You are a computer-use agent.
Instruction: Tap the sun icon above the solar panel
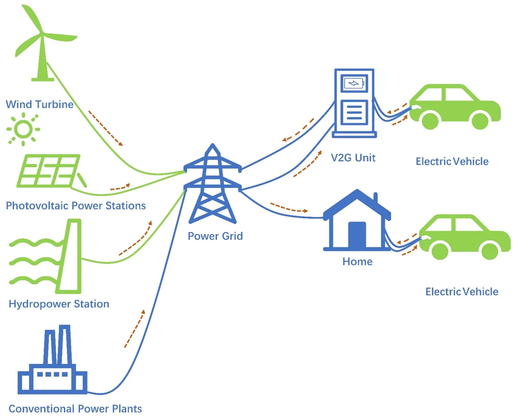pos(23,129)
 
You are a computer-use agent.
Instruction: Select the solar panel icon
pos(48,171)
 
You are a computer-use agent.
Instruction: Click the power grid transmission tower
pos(212,185)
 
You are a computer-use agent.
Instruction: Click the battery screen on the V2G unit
pos(354,83)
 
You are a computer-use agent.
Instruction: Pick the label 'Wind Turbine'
pos(39,104)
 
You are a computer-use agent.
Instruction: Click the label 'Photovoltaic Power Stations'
pos(76,206)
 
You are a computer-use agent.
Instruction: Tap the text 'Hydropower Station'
pos(59,304)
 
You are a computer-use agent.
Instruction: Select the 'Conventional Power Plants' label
pos(75,409)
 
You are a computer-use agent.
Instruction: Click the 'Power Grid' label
pos(215,236)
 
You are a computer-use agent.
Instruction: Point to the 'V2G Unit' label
pos(353,158)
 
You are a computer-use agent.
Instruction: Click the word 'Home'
pos(357,262)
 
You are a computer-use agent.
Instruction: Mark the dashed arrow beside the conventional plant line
pos(135,328)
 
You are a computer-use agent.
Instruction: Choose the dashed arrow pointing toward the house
pos(289,208)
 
